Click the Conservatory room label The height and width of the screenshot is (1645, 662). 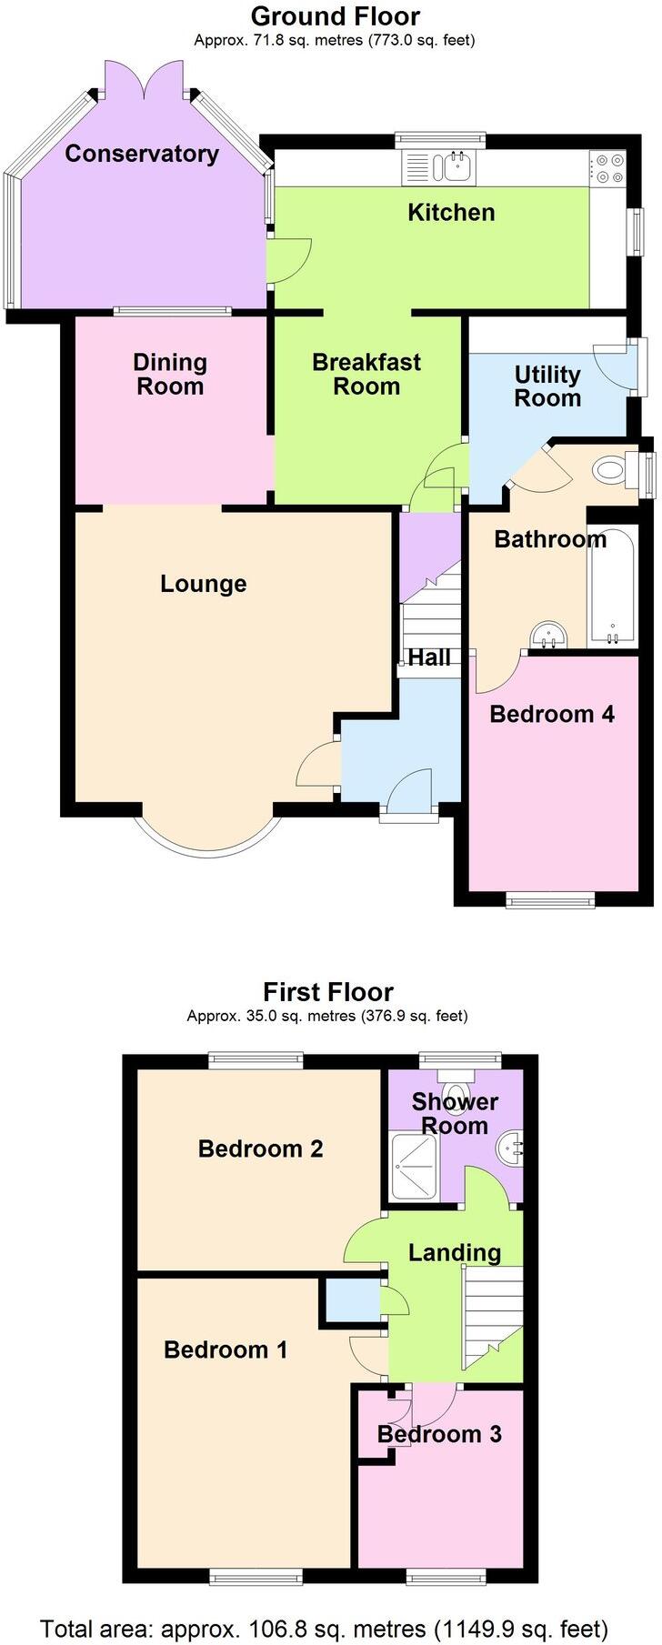142,154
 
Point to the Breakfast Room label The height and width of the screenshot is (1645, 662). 366,374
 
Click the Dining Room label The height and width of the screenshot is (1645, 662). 170,374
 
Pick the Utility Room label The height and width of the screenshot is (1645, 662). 547,386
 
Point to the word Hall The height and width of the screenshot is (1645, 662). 429,657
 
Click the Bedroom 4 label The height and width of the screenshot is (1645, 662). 552,714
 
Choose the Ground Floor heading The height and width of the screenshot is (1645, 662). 335,16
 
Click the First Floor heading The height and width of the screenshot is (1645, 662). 328,991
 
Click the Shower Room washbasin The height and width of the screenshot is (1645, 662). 509,1151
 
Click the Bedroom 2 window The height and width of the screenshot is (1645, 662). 255,1059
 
